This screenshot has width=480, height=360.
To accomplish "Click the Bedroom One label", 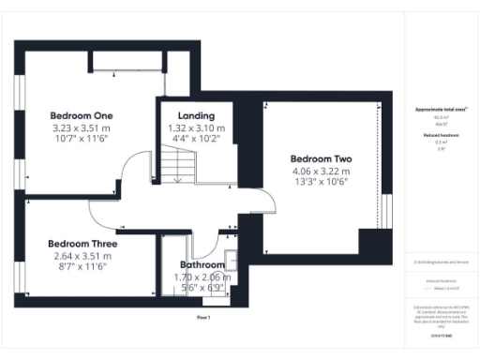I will [x=81, y=115].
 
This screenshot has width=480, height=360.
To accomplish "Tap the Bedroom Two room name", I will [x=320, y=158].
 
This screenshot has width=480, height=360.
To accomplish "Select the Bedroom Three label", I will [x=82, y=243].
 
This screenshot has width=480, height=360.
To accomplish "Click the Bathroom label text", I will [x=202, y=265].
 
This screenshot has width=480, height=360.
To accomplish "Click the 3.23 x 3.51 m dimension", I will [x=81, y=127].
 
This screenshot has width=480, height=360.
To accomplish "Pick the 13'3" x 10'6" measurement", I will [x=320, y=183].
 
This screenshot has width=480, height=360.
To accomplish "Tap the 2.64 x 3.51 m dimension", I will [x=82, y=254].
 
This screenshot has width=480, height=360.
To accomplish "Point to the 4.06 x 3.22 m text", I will [x=320, y=172].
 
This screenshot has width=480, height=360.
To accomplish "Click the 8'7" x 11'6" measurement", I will [x=82, y=265].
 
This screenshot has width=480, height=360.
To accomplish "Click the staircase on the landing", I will [x=175, y=167].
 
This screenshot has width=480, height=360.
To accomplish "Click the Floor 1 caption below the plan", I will [x=203, y=318].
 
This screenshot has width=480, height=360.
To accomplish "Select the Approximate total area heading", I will [x=441, y=110].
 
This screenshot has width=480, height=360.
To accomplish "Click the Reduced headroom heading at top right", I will [x=441, y=135].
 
